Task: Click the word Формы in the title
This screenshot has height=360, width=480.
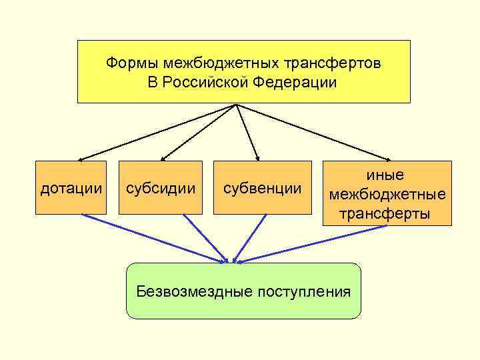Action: pyautogui.click(x=129, y=63)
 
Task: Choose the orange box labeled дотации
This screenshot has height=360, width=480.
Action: pyautogui.click(x=71, y=188)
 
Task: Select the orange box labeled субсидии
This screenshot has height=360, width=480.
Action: pyautogui.click(x=160, y=188)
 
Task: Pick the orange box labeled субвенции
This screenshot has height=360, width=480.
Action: pyautogui.click(x=262, y=188)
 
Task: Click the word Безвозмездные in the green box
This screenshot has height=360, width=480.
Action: pyautogui.click(x=189, y=291)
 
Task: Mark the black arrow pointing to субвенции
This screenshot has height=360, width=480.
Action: pyautogui.click(x=247, y=132)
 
